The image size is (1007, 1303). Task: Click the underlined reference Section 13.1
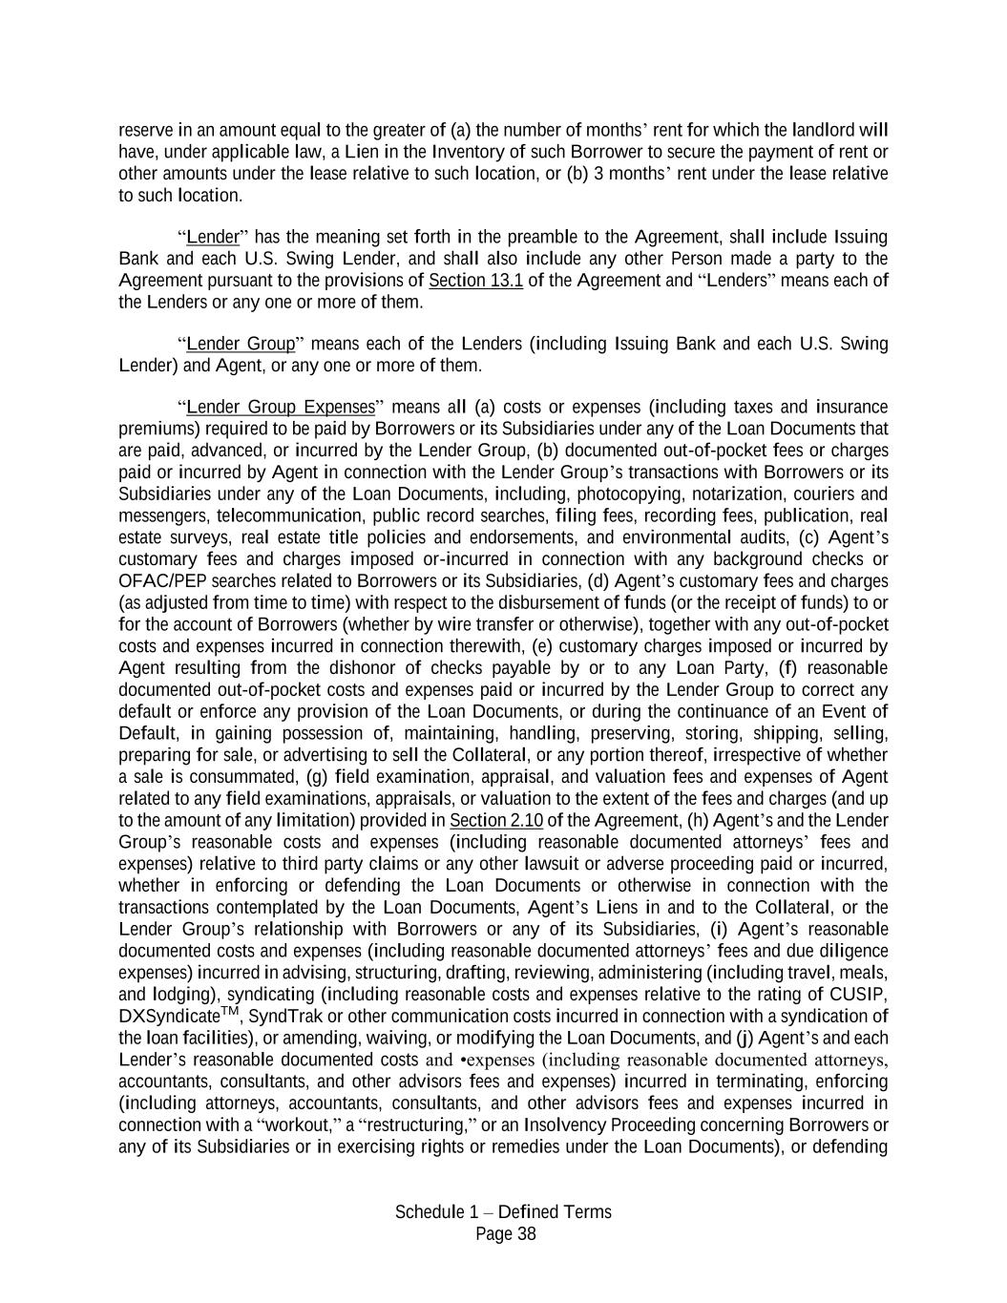475,281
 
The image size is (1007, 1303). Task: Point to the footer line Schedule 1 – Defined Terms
503,1212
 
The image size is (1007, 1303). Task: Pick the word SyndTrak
280,1018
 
